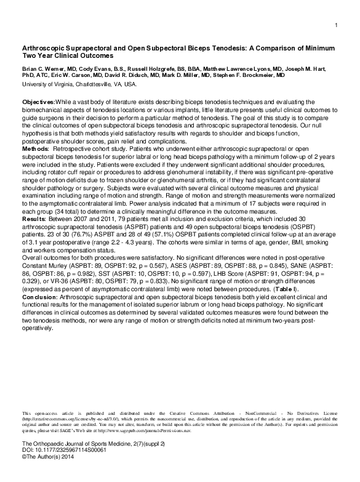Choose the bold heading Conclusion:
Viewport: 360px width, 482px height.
(41, 297)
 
